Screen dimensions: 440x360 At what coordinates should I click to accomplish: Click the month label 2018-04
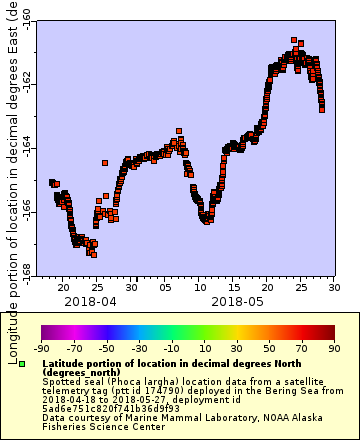click(x=90, y=300)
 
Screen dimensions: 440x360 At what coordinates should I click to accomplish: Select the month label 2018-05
click(x=236, y=300)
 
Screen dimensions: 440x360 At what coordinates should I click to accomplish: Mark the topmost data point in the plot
click(x=294, y=41)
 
